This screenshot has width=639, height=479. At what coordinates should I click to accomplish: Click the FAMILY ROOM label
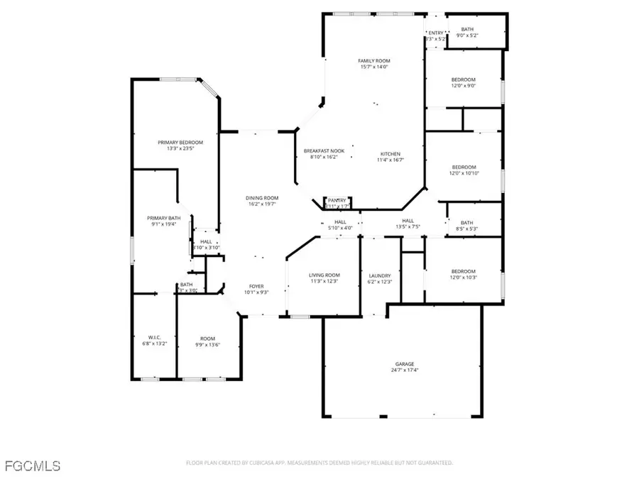tap(373, 61)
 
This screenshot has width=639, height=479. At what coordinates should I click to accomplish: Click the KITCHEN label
tap(390, 154)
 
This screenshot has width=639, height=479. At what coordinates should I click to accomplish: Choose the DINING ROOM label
tap(261, 197)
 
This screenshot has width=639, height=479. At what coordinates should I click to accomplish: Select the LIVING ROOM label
tap(324, 275)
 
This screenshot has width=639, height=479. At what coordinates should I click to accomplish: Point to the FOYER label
tap(256, 286)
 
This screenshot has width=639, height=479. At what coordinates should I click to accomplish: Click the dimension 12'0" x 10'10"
tap(463, 173)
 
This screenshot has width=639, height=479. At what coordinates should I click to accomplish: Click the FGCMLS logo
tap(32, 466)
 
